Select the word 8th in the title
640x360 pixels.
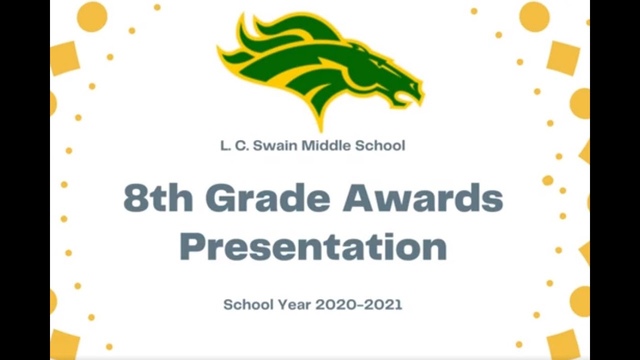point(158,198)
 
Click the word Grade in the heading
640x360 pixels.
point(268,198)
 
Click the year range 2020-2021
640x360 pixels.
point(358,304)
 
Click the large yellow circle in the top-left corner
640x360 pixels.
point(92,16)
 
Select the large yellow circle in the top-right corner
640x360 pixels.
point(534,16)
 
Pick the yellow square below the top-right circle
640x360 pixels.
point(563,58)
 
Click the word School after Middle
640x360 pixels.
point(380,146)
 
